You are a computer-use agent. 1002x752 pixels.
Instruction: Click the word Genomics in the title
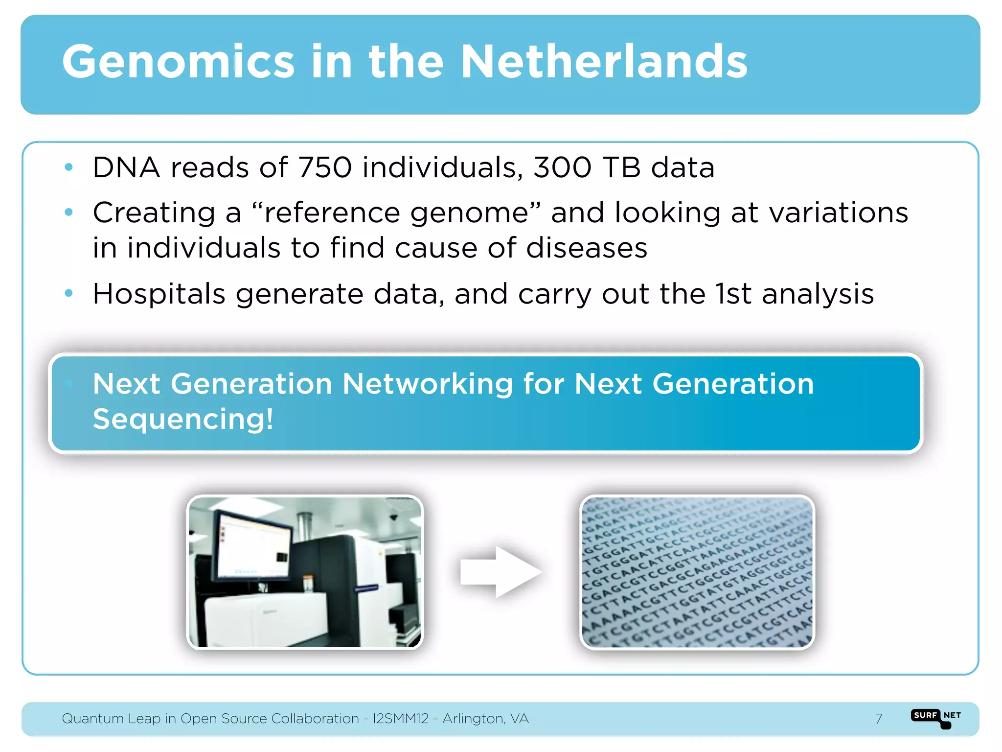click(178, 62)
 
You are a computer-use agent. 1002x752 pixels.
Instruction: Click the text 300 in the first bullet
click(562, 168)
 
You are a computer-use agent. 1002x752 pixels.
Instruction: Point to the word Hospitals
click(159, 294)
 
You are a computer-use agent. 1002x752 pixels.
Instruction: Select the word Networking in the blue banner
click(427, 383)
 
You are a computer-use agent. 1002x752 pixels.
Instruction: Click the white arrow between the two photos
click(501, 572)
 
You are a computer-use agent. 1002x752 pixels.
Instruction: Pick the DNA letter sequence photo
click(697, 572)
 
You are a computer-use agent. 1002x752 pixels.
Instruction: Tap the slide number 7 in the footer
click(879, 719)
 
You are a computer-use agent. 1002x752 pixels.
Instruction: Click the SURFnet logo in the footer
click(936, 718)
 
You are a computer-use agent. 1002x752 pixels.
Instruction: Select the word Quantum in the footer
click(92, 719)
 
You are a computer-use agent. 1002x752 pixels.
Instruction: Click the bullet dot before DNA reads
click(69, 167)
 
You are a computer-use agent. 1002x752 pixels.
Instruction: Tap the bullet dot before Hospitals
click(69, 293)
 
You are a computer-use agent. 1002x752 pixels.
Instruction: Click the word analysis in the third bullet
click(818, 294)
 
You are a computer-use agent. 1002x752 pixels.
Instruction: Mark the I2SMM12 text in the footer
click(401, 719)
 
